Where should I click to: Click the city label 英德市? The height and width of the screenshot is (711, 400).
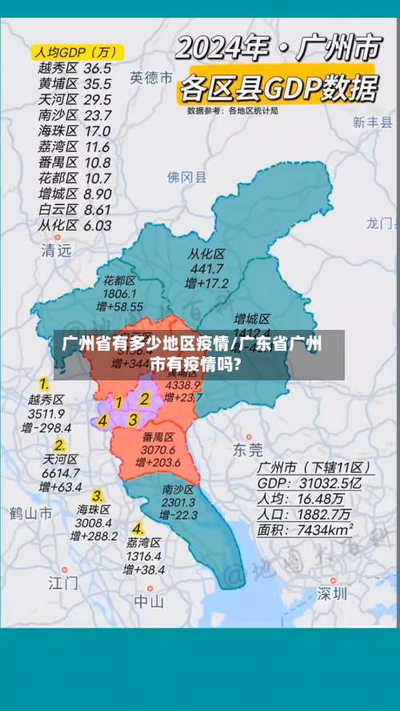tap(151, 78)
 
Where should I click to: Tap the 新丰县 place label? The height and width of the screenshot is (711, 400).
tap(373, 123)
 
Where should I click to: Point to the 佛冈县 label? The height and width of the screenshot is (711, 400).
tap(186, 177)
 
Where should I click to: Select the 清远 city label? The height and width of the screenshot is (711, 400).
tap(56, 250)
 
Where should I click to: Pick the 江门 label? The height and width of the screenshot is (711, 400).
tap(63, 582)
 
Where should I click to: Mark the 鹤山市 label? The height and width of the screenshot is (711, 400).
tap(31, 512)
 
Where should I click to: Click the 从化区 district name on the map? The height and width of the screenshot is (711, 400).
tap(206, 254)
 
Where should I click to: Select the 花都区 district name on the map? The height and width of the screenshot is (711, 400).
tap(119, 281)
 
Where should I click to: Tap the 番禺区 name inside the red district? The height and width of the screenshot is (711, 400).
tap(158, 437)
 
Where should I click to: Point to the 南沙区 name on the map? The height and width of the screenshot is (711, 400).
tap(178, 489)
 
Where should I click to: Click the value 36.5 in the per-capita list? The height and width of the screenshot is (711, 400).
tap(98, 69)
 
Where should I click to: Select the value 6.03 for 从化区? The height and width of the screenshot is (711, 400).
tap(97, 225)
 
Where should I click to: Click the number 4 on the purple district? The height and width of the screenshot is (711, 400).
tap(102, 420)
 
